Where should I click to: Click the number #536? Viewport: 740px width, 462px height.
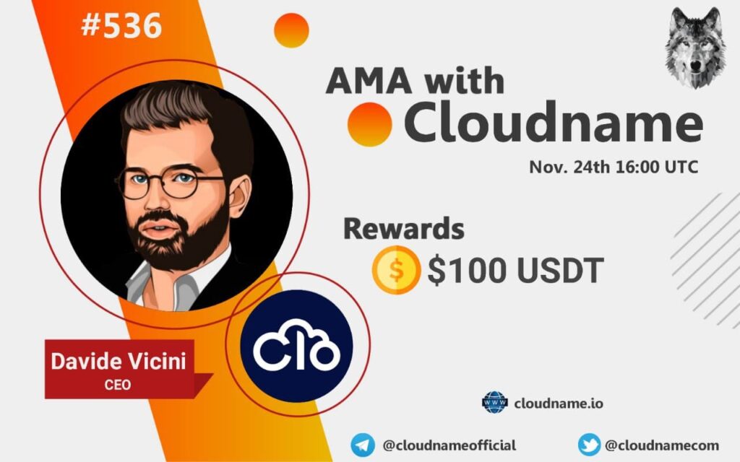pyautogui.click(x=121, y=25)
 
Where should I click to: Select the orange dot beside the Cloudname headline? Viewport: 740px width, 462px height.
pyautogui.click(x=370, y=124)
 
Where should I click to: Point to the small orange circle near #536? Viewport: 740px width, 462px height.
pyautogui.click(x=291, y=30)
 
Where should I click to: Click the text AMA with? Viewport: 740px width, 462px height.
pyautogui.click(x=415, y=80)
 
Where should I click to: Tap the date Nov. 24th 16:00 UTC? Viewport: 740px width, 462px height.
pyautogui.click(x=613, y=167)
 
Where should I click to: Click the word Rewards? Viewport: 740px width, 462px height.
pyautogui.click(x=403, y=229)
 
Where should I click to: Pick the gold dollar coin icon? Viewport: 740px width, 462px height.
pyautogui.click(x=396, y=270)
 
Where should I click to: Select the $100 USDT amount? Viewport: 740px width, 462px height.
pyautogui.click(x=515, y=270)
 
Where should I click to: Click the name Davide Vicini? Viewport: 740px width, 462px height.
pyautogui.click(x=119, y=361)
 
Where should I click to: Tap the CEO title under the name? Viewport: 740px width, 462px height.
pyautogui.click(x=118, y=385)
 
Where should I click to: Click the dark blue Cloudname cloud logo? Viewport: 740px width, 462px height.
pyautogui.click(x=296, y=346)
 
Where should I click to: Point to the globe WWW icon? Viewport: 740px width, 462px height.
pyautogui.click(x=494, y=403)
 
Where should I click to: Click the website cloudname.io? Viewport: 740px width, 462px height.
pyautogui.click(x=559, y=404)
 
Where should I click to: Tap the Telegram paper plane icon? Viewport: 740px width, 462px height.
pyautogui.click(x=363, y=445)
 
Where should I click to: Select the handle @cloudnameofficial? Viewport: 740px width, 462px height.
pyautogui.click(x=449, y=445)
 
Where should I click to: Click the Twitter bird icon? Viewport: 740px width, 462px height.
pyautogui.click(x=590, y=445)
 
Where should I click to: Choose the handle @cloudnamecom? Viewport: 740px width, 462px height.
pyautogui.click(x=662, y=445)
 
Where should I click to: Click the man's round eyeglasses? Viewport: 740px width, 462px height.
pyautogui.click(x=169, y=181)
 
